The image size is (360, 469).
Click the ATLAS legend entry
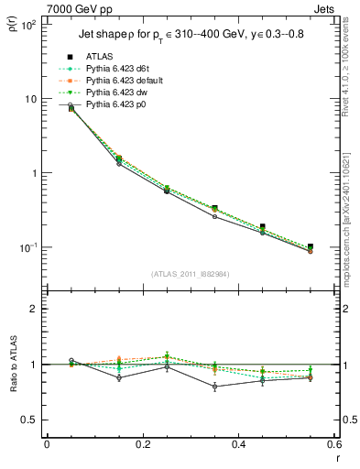100,57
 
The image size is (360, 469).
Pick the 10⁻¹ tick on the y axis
27,247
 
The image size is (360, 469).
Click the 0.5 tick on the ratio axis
29,420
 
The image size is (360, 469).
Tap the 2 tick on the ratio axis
33,310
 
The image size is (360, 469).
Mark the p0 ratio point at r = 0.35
214,387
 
